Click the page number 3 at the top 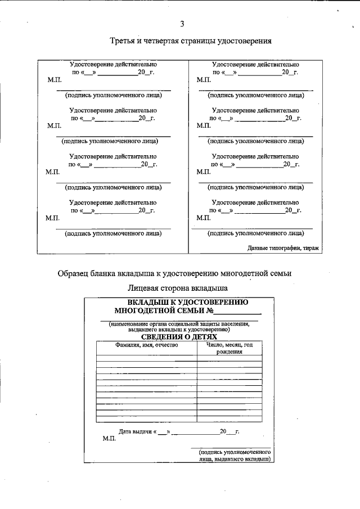click(x=182, y=24)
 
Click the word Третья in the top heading click(x=123, y=41)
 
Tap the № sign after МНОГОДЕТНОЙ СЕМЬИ click(x=209, y=310)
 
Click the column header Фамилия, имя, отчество click(x=146, y=345)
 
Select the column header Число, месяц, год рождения click(x=229, y=348)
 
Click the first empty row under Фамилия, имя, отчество click(x=146, y=358)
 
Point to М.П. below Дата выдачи click(x=109, y=439)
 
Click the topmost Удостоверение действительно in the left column click(x=112, y=65)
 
